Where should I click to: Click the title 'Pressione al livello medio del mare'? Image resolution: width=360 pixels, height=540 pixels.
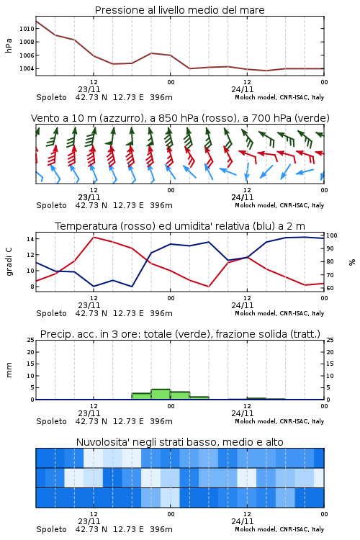179,10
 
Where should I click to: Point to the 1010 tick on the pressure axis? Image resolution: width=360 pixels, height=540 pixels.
27,29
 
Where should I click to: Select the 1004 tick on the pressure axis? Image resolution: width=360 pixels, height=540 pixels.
27,68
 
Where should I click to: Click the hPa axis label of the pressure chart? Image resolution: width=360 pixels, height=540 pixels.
9,46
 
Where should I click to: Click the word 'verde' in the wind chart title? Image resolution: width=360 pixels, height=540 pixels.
314,118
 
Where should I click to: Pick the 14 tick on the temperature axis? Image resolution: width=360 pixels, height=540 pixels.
30,238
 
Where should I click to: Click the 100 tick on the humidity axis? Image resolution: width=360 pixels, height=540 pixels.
332,235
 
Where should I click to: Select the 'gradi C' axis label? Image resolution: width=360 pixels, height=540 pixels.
9,262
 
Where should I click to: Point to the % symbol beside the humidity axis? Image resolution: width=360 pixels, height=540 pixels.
352,262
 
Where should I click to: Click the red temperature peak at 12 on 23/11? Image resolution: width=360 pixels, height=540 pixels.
94,238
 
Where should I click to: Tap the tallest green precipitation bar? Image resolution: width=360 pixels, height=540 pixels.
161,395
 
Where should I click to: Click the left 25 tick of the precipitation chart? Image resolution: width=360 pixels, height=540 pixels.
30,340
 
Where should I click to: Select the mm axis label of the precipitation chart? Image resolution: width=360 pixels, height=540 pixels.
9,370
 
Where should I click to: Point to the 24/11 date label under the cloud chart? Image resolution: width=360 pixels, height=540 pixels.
243,521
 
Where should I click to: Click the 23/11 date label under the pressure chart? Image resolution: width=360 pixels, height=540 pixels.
89,89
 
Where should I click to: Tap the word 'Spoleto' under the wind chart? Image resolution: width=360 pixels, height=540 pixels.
51,206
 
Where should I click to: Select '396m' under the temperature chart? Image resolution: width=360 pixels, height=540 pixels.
161,313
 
